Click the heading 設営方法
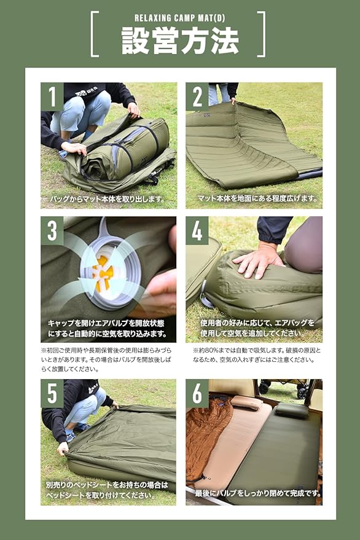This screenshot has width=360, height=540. pos(180,41)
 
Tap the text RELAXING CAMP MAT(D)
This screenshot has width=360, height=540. pos(180,18)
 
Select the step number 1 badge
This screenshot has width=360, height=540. pos(52,97)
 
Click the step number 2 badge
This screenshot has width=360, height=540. pos(197,97)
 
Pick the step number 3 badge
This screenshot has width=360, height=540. pos(52,231)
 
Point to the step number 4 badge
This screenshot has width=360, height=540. pos(197,231)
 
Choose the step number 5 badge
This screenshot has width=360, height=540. pos(52,393)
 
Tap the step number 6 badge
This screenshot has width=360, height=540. pos(197,393)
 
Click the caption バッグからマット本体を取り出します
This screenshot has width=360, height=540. pos(108,199)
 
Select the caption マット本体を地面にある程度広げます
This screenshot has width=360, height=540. pos(257,198)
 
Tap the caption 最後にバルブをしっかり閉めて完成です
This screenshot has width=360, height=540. pos(259,493)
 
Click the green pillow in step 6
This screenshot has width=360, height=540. pos(291,410)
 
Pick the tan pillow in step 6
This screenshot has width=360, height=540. pos(246,402)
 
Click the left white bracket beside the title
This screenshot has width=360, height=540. pos(95,34)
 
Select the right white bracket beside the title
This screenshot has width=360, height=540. pos(262,34)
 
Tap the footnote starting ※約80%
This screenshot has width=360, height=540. pos(257,356)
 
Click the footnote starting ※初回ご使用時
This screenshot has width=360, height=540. pos(106,360)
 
